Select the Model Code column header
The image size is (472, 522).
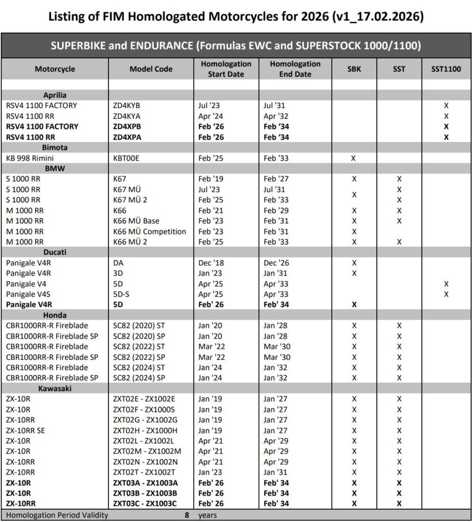(151, 69)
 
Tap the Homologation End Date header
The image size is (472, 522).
(295, 69)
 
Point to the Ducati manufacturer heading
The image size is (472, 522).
(55, 252)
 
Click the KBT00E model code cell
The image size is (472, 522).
(126, 158)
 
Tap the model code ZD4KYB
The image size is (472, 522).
(126, 106)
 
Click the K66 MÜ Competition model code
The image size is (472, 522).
(149, 231)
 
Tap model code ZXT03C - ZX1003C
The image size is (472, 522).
(145, 504)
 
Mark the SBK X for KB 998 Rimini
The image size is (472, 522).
(354, 158)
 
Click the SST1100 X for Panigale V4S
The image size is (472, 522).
(446, 294)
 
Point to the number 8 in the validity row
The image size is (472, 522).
(187, 515)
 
